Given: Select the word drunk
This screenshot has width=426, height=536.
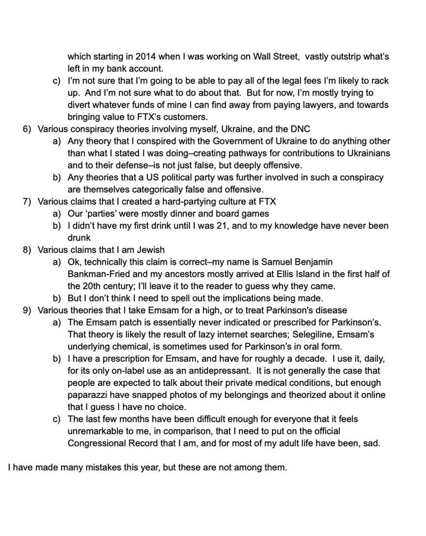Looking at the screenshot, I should click(x=78, y=238).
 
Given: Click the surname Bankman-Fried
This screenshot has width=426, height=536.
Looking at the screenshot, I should click(x=99, y=274).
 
